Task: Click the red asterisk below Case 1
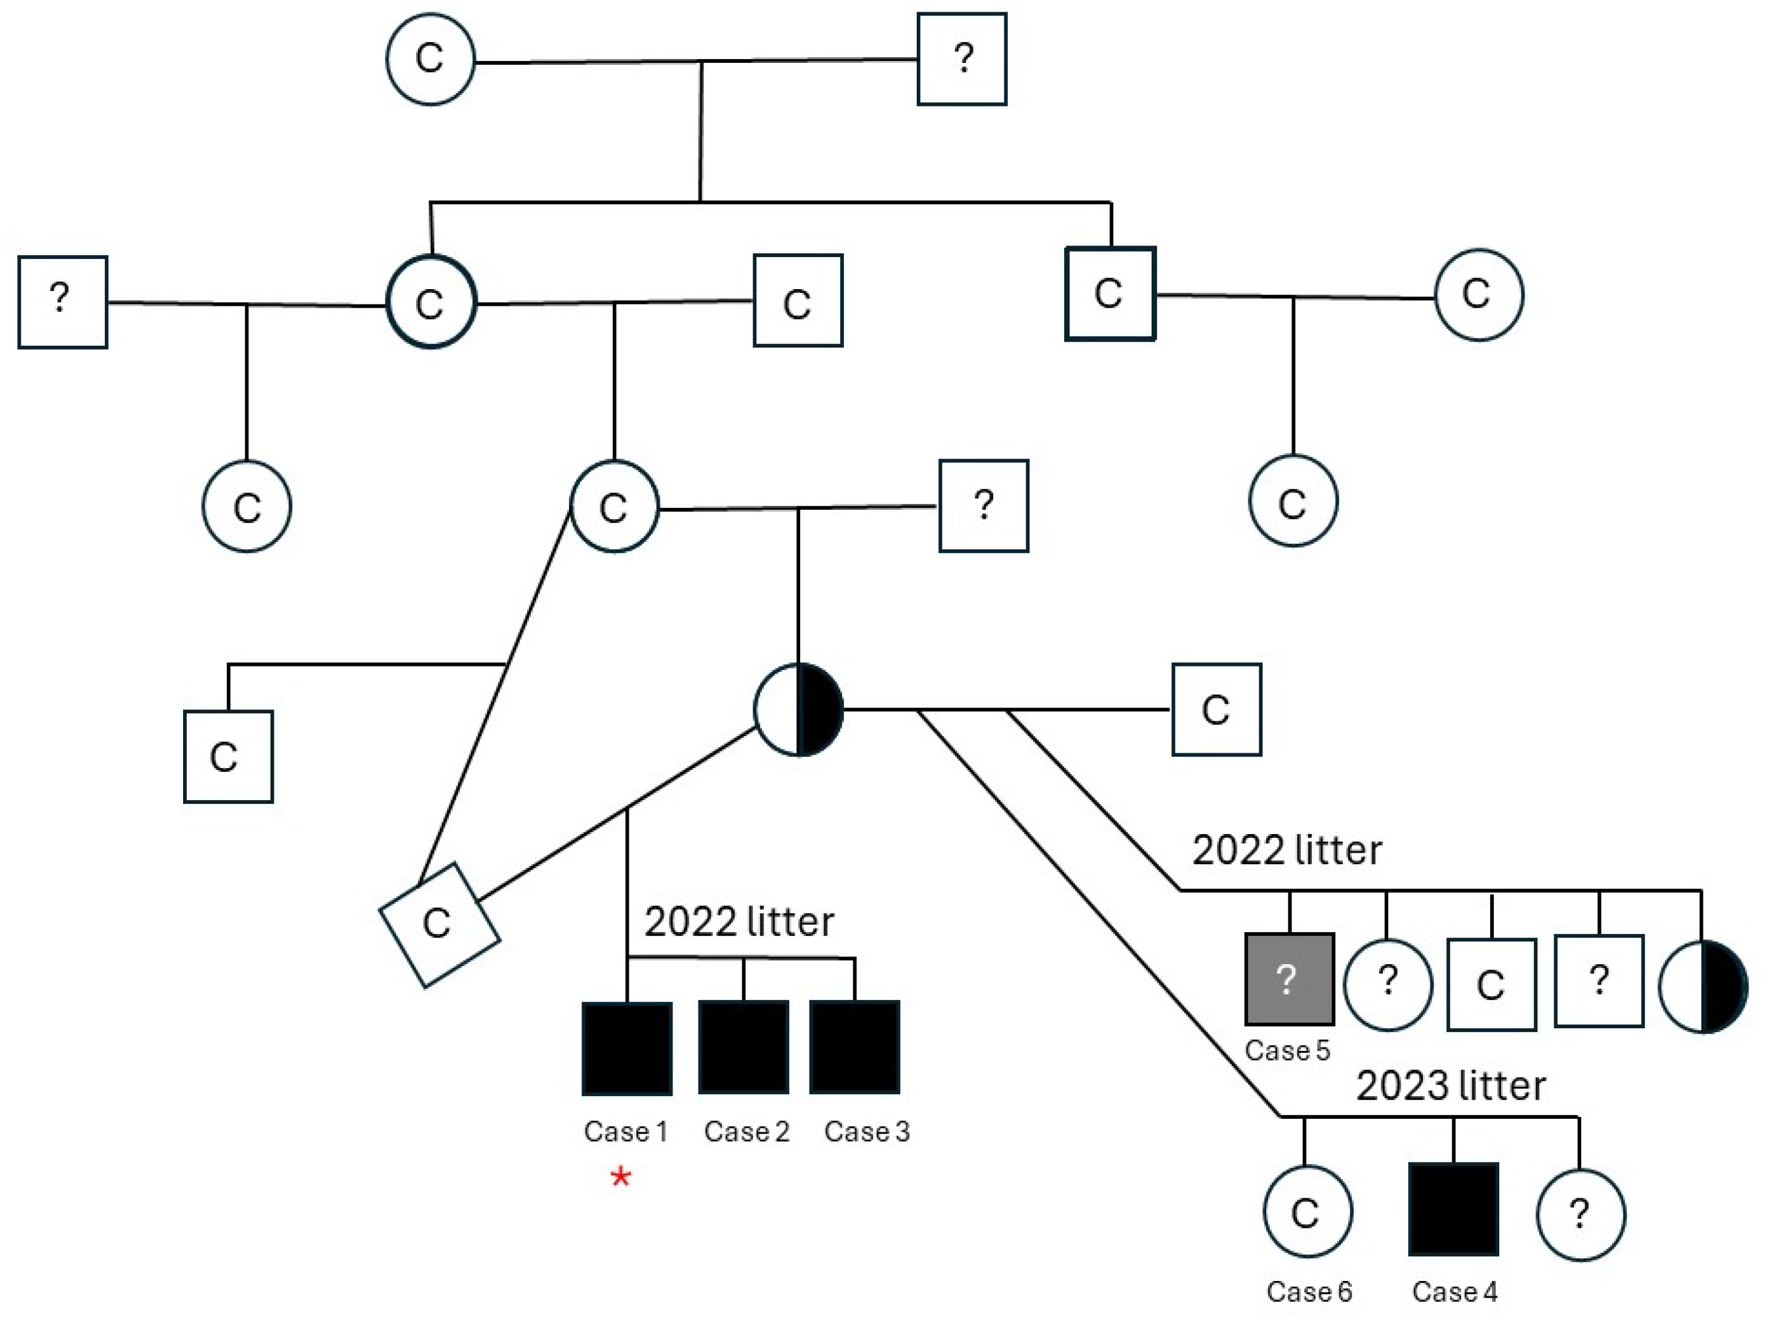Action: tap(621, 1177)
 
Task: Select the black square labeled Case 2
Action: tap(743, 1047)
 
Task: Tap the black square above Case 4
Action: tap(1453, 1209)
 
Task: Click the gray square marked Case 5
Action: tap(1288, 979)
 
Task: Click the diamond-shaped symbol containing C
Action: tap(440, 925)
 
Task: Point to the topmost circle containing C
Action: tap(431, 58)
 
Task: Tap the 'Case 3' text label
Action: tap(867, 1131)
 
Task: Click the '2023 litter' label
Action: tap(1451, 1086)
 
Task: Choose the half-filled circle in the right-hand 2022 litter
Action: tap(1703, 987)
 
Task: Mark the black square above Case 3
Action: tap(854, 1047)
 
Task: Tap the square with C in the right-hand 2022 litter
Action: tap(1491, 984)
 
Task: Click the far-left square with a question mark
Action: tap(62, 301)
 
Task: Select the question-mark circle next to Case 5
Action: tap(1388, 984)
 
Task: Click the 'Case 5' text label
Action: tap(1287, 1050)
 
